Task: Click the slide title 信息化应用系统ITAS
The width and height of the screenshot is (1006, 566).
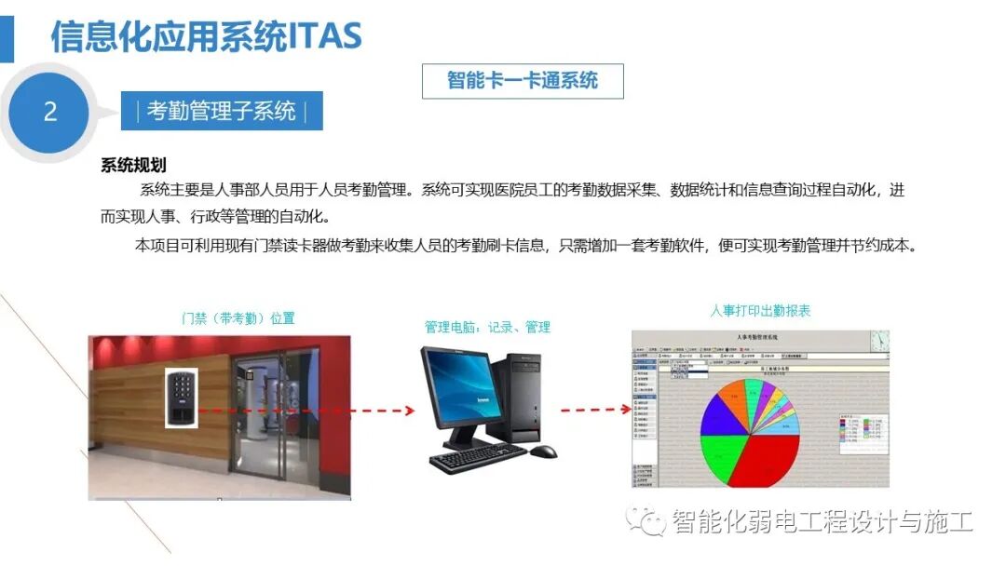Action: (206, 36)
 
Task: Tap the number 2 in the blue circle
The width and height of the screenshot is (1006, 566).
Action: (50, 112)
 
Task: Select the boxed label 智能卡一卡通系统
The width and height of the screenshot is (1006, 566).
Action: (523, 81)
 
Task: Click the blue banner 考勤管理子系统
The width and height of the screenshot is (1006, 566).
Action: (222, 112)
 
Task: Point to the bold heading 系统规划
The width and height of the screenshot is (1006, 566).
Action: (133, 165)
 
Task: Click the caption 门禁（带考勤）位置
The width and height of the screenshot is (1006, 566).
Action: (238, 318)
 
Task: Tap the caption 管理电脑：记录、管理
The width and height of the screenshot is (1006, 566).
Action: (487, 327)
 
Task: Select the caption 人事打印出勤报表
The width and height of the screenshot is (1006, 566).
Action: (760, 310)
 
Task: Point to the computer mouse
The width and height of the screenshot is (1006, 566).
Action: (543, 451)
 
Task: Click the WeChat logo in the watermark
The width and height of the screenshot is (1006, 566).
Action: (644, 521)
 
